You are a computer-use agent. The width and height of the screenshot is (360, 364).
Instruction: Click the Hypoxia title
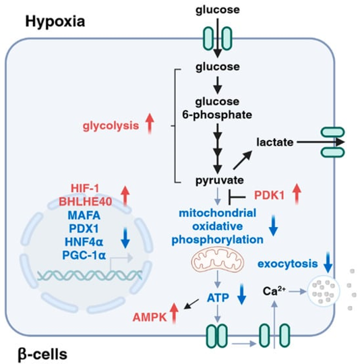pos(55,22)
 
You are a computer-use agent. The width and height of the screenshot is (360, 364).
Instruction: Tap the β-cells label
pos(42,355)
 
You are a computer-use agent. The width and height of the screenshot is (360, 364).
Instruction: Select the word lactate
pos(275,142)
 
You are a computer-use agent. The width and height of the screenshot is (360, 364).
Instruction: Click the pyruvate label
pos(220,181)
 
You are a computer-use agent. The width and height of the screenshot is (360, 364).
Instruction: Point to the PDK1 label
pos(269,195)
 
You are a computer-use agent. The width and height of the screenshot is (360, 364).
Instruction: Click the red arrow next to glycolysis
pos(150,123)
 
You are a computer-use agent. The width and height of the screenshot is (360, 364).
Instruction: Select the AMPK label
pos(150,317)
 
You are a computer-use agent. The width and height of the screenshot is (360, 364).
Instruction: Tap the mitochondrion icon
pos(218,260)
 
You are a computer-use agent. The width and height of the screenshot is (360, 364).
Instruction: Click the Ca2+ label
pos(274,291)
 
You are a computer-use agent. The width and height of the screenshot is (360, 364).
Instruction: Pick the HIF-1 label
pos(85,188)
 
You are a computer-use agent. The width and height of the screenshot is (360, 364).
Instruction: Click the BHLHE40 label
pos(86,202)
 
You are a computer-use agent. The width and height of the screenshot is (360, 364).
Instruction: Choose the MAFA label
pos(84,215)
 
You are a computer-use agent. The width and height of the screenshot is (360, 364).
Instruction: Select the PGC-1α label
pos(84,255)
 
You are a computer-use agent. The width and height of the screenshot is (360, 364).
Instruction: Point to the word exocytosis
pos(288,264)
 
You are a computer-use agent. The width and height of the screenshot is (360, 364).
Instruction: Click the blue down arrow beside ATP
pos(241,294)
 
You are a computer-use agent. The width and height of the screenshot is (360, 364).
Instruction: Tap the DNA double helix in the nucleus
pos(90,276)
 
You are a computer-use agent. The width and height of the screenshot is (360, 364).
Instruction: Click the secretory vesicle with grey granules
pos(324,291)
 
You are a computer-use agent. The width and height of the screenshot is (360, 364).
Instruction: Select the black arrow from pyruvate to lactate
pos(243,160)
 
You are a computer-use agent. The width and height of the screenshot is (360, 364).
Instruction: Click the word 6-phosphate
pos(217,115)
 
